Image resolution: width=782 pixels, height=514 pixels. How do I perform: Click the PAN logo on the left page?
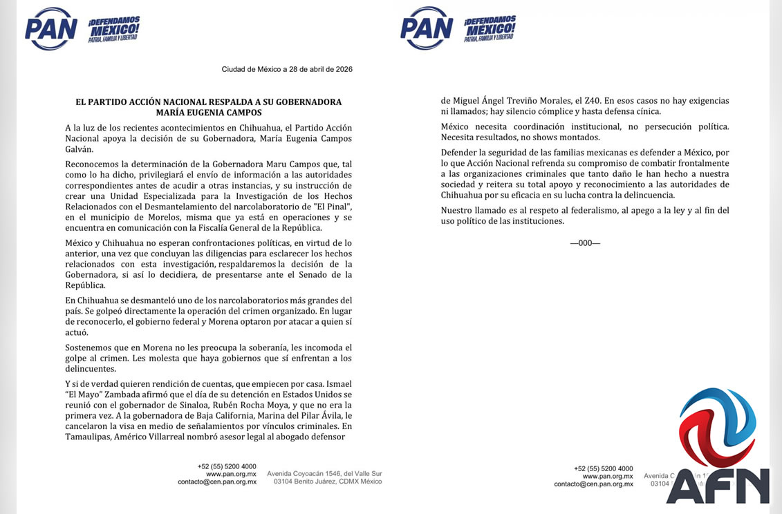pyautogui.click(x=50, y=28)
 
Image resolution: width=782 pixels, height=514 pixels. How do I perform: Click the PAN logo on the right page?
pyautogui.click(x=426, y=28)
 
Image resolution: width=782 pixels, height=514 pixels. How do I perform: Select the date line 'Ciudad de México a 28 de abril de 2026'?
pyautogui.click(x=287, y=69)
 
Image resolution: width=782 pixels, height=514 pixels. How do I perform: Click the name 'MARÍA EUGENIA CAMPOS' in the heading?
pyautogui.click(x=208, y=112)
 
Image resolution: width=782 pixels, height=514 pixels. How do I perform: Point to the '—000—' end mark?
pyautogui.click(x=585, y=243)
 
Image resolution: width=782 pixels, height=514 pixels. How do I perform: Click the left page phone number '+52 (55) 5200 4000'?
pyautogui.click(x=227, y=466)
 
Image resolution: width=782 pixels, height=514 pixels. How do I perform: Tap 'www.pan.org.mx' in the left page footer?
pyautogui.click(x=231, y=474)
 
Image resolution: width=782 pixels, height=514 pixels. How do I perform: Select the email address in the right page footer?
pyautogui.click(x=593, y=484)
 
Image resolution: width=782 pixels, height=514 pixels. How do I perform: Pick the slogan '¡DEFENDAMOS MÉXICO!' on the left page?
pyautogui.click(x=114, y=28)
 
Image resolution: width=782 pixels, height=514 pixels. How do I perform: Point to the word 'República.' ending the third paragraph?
pyautogui.click(x=85, y=285)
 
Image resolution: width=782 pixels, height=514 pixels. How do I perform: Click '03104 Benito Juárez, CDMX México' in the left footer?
pyautogui.click(x=328, y=482)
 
